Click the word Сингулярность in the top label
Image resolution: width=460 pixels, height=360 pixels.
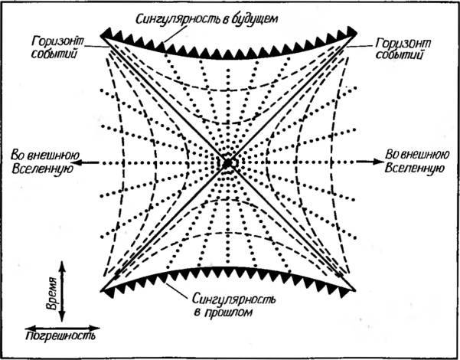tap(180, 19)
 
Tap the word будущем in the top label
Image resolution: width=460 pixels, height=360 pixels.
tap(255, 19)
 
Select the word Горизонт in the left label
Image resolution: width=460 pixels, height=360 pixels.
tap(57, 42)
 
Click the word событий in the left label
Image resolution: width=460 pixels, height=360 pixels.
tap(54, 54)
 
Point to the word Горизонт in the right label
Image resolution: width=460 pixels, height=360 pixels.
tap(403, 44)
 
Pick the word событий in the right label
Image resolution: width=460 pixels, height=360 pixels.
tap(399, 55)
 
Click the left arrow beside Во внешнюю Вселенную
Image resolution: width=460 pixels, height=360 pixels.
tap(86, 162)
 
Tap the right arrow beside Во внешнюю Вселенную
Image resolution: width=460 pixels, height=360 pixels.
tap(370, 162)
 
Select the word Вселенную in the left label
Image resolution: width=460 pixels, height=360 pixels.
tap(43, 169)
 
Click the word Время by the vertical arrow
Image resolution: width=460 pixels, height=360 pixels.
tap(52, 293)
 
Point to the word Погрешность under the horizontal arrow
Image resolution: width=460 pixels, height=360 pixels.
tap(60, 335)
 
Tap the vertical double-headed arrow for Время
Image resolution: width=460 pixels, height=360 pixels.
tap(62, 291)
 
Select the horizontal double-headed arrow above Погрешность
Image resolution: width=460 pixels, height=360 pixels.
tap(63, 328)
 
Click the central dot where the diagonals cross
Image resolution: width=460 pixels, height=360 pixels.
tap(227, 163)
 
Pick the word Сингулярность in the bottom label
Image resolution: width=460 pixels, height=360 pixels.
tap(233, 299)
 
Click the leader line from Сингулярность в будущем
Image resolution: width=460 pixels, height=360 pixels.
tap(176, 33)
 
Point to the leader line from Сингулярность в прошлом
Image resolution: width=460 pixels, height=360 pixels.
tap(177, 290)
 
